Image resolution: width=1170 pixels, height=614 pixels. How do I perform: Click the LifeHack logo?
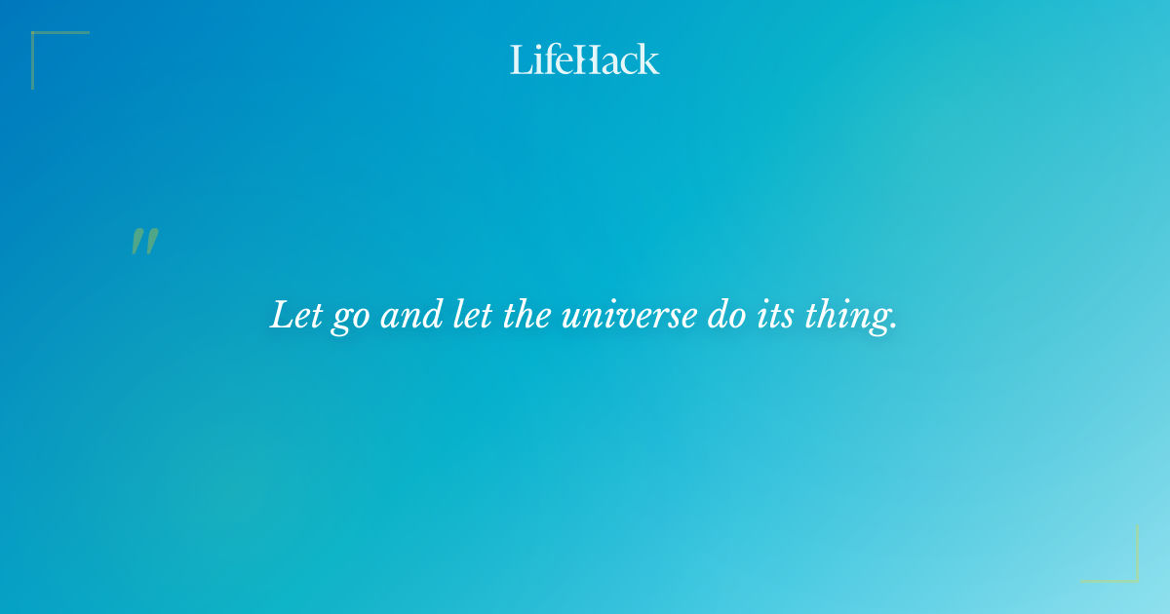coord(585,59)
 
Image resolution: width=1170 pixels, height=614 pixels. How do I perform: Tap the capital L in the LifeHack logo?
coord(519,59)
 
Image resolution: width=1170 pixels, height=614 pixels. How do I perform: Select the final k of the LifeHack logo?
coord(649,60)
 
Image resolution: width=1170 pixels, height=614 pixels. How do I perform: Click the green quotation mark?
coord(144,242)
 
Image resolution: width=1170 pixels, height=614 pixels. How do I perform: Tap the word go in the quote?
coord(348,319)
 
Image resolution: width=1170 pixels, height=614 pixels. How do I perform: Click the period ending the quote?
coord(892,326)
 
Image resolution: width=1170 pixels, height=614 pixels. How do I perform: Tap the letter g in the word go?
coord(338,321)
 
